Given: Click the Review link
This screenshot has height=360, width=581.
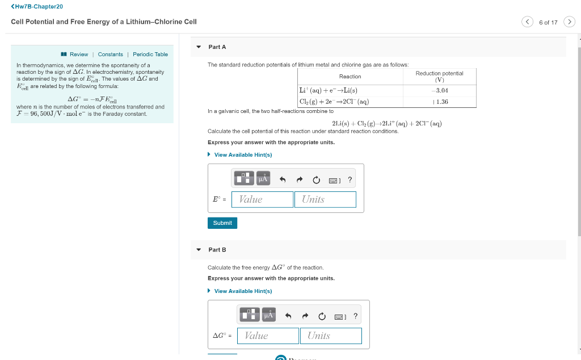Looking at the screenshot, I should tap(78, 55).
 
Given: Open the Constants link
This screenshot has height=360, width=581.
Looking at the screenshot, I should tap(110, 55).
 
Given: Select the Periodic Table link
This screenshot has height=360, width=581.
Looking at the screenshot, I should tap(150, 55).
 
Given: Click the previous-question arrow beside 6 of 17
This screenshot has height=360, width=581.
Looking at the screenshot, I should tap(527, 22).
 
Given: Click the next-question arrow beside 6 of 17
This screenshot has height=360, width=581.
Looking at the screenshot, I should tap(569, 22).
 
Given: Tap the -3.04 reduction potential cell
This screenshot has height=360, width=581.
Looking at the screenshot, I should tap(439, 90).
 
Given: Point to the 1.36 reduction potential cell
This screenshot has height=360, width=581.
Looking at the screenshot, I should tap(439, 102).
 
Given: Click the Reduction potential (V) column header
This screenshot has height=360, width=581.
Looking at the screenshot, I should tap(439, 76).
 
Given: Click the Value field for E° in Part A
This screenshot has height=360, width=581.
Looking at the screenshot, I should tap(262, 199).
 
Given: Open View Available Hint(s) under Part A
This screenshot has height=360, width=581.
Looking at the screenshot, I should tap(243, 155).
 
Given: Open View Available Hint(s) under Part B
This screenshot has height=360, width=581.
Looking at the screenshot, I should tap(243, 291).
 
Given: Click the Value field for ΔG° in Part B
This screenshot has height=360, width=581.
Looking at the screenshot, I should tap(268, 336).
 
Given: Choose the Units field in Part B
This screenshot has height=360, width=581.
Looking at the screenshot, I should tap(331, 336).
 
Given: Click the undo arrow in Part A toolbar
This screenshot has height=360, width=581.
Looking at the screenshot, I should tap(282, 180).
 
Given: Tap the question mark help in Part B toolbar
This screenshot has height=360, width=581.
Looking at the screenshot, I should tap(355, 316).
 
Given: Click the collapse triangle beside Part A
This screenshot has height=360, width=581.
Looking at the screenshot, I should tap(199, 47).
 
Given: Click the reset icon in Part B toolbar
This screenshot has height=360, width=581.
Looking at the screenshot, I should tap(322, 316).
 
